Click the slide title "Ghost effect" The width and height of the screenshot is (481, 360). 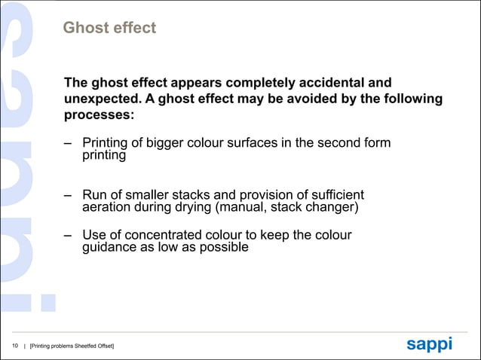pyautogui.click(x=109, y=29)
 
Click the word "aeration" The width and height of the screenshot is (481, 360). pyautogui.click(x=109, y=207)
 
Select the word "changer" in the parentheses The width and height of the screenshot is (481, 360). pyautogui.click(x=331, y=207)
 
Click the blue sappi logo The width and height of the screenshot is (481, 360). pyautogui.click(x=429, y=344)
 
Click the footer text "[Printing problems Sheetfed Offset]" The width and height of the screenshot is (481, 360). pyautogui.click(x=72, y=346)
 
